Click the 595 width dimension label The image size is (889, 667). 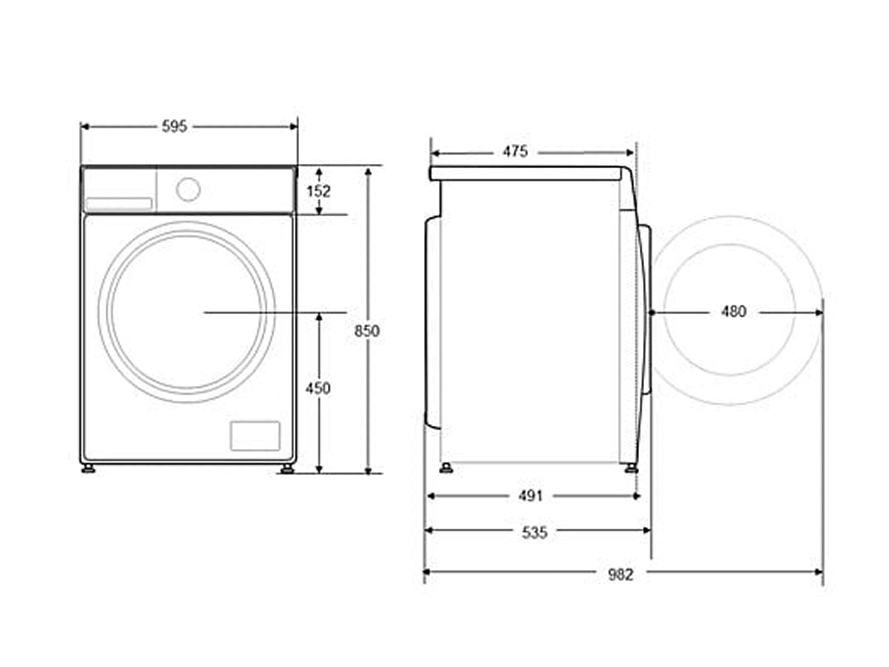click(174, 127)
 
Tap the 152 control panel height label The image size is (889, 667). click(319, 191)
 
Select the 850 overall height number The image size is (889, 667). click(367, 331)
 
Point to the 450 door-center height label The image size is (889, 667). click(318, 389)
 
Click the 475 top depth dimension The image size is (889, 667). click(515, 152)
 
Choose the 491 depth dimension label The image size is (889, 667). click(531, 496)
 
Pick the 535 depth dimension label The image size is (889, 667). click(534, 532)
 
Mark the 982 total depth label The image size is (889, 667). click(620, 575)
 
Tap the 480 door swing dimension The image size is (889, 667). click(734, 312)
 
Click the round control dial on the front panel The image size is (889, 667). click(188, 189)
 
